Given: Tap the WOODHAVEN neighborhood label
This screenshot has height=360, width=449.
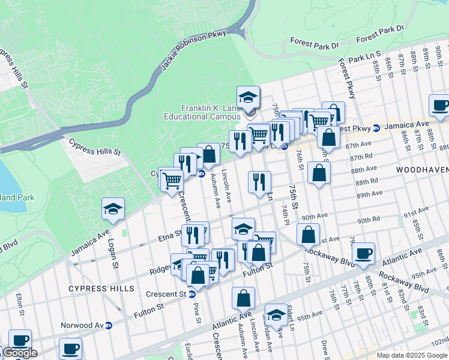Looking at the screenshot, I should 422,170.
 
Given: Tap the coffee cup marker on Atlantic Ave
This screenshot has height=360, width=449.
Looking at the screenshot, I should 363,253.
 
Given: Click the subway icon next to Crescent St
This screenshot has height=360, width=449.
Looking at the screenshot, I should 192,295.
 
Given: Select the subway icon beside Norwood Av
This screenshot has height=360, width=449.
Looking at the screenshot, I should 109,325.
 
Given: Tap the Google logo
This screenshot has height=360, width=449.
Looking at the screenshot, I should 20,353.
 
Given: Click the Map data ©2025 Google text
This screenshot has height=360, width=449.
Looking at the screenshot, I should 412,355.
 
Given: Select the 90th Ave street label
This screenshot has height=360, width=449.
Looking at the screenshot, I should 315,217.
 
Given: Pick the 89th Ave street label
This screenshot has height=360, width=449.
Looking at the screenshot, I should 370,194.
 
